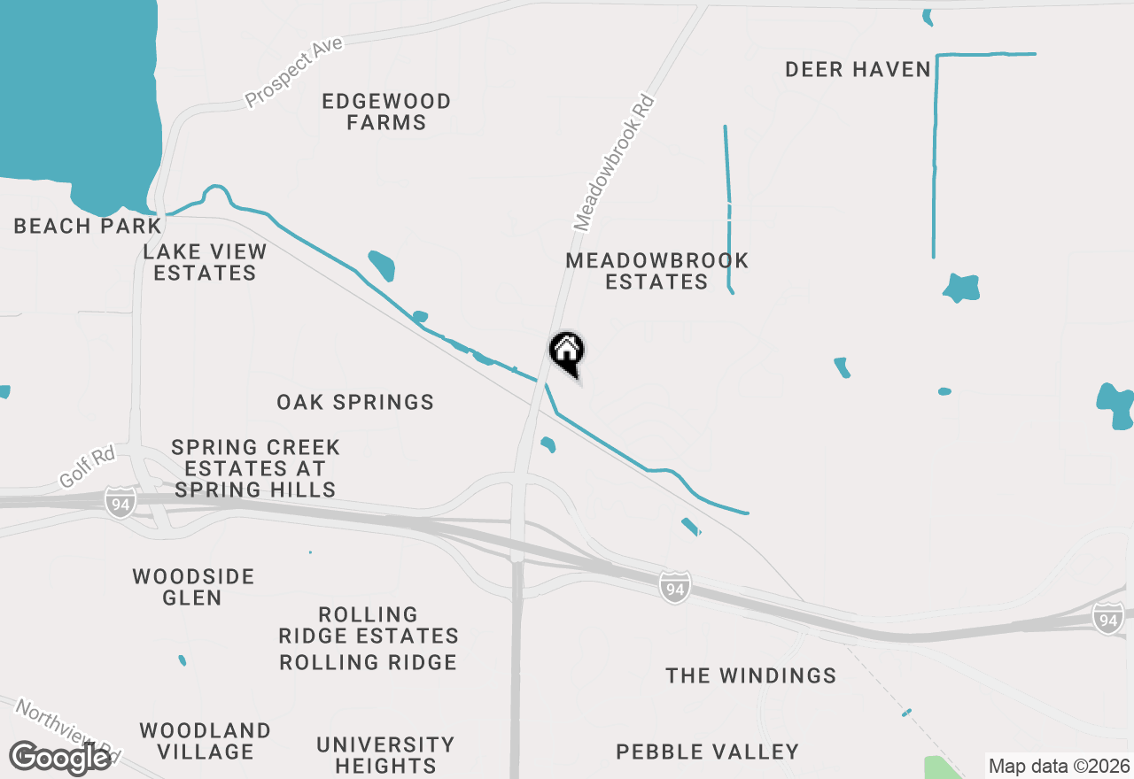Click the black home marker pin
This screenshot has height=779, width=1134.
(567, 352)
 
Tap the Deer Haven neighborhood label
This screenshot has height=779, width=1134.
(858, 69)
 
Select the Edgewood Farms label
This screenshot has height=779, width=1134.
(386, 112)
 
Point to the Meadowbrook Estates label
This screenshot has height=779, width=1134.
(656, 271)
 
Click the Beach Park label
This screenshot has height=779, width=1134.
(88, 226)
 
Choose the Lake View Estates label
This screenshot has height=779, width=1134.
(205, 262)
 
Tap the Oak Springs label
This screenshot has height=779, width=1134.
(355, 402)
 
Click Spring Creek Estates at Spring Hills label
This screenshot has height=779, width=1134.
(255, 468)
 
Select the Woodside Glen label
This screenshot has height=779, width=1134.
(193, 587)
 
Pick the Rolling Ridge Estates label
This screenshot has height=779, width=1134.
(369, 625)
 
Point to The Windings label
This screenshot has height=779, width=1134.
(750, 675)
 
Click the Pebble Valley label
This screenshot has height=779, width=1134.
(707, 752)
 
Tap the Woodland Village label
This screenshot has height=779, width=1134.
(205, 741)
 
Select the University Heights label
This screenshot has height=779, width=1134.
(385, 755)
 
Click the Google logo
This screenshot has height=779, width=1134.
(59, 758)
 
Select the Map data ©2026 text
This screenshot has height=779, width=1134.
(1059, 766)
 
